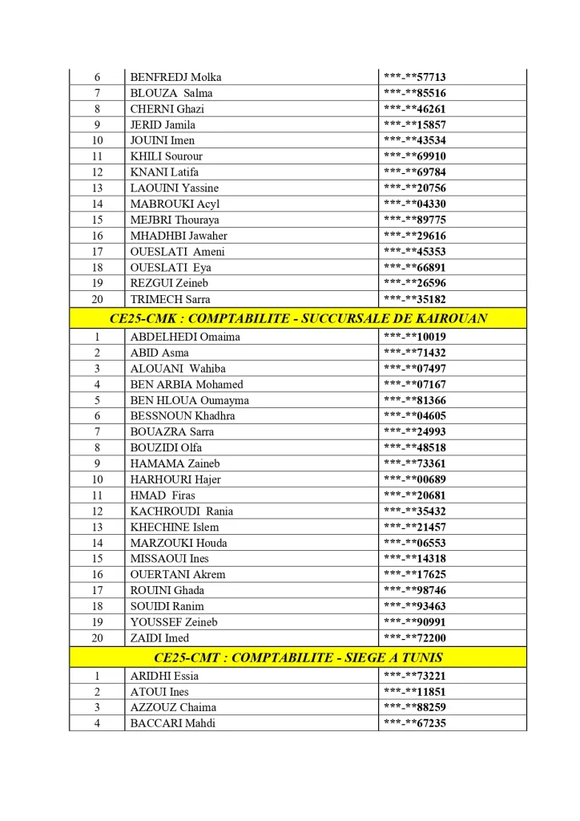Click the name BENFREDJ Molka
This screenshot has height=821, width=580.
point(175,77)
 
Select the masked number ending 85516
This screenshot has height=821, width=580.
point(414,93)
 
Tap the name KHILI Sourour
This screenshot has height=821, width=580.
point(166,156)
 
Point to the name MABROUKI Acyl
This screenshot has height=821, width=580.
point(175,204)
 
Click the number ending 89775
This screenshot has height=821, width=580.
point(414,220)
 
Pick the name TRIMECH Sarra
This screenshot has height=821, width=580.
point(170,299)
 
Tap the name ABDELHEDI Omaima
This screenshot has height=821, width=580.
point(180,337)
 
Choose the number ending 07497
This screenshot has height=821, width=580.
point(414,369)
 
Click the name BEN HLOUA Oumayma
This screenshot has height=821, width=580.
point(189,400)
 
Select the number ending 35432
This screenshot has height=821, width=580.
point(414,511)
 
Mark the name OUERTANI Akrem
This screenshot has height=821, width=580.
point(177,574)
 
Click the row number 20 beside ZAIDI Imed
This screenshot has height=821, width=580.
point(97,637)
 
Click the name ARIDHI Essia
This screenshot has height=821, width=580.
point(163,676)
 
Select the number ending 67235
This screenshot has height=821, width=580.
point(414,723)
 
